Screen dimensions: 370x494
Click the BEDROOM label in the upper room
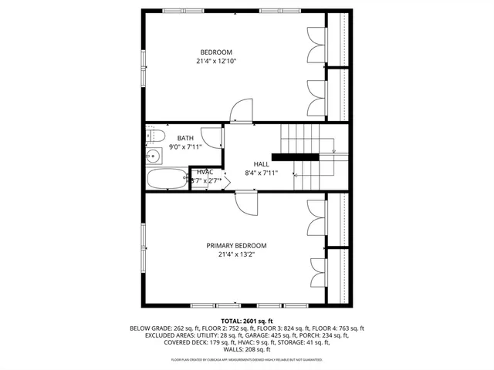(x=215, y=52)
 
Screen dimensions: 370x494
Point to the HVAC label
(x=205, y=172)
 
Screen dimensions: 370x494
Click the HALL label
(x=261, y=165)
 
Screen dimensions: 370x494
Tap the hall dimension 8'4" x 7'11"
(x=261, y=173)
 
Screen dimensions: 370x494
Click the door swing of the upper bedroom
(x=242, y=109)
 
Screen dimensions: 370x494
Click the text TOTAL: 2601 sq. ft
(x=247, y=320)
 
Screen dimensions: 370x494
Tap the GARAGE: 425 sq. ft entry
(x=290, y=335)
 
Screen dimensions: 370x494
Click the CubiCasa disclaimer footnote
(x=247, y=359)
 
